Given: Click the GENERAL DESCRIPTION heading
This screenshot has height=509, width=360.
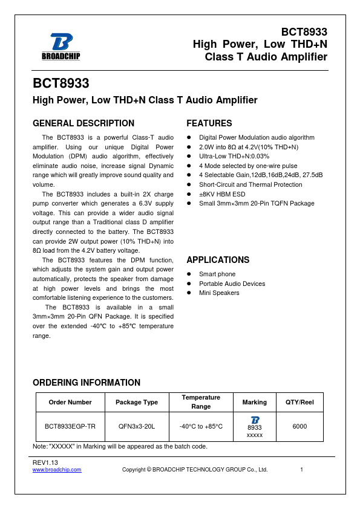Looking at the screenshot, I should point(83,123).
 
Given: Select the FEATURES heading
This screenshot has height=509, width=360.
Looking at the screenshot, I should point(209,123).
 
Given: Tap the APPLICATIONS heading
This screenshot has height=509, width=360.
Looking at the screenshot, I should point(218,260).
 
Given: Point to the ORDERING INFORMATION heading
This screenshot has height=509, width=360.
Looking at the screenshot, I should point(87,383).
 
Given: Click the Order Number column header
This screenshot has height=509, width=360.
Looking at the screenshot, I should point(71,402).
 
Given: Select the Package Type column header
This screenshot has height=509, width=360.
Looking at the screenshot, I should point(137,402).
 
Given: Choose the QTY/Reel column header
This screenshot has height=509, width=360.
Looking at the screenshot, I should point(299,402).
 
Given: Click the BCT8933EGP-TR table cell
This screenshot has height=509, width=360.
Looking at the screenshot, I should point(71,426).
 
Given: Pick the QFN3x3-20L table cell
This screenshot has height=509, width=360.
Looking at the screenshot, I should point(137,426).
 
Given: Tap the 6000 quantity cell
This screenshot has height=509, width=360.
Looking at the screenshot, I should point(299,426).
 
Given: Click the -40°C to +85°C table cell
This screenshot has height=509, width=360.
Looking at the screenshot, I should point(201,426).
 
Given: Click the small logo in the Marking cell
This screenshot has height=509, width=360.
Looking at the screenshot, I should point(255,420).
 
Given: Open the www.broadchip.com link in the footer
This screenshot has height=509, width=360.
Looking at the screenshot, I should point(57,470).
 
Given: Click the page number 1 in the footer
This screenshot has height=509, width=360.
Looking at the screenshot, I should point(301,470).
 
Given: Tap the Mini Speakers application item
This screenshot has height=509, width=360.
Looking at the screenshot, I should point(219,293).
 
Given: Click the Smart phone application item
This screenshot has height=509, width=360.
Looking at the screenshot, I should point(217,274).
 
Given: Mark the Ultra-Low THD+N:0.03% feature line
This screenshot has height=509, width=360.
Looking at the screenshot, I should point(234,156).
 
